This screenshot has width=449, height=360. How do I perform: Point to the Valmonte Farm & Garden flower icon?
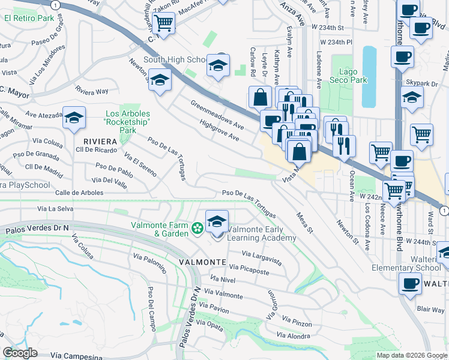pos(196,229)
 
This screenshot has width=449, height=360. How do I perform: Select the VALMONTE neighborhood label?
pos(201,262)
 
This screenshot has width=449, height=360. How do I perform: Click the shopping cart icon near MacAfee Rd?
pos(163,23)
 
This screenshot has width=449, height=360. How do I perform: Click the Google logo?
pos(20,353)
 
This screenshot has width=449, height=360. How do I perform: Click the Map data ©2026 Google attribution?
pos(412,355)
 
